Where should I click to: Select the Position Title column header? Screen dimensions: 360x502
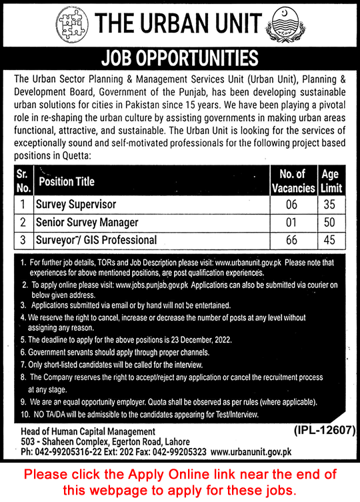click(x=67, y=181)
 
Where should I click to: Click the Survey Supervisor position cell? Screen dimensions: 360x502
click(x=77, y=205)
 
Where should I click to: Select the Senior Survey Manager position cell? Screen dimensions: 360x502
click(x=87, y=222)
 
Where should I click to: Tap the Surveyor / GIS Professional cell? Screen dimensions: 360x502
click(x=97, y=239)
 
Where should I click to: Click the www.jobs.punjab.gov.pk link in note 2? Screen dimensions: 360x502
click(x=153, y=284)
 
